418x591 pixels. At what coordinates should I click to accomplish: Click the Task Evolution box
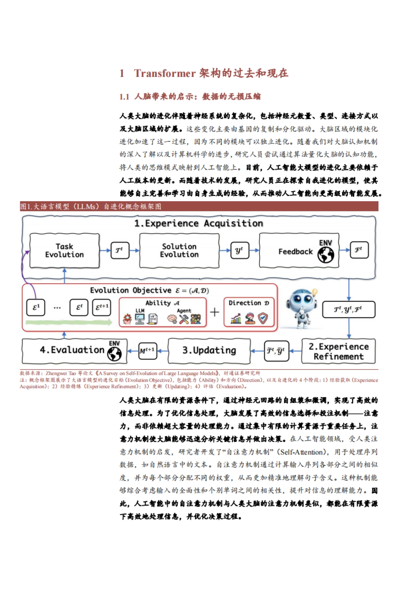coord(64,251)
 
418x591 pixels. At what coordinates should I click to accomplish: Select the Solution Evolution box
coord(179,251)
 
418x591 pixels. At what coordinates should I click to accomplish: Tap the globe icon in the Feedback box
coord(326,255)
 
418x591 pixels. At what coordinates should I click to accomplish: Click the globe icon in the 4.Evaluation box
coord(115,354)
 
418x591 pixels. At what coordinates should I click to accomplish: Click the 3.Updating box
coord(209,350)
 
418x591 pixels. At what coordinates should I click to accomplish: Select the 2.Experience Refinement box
coord(338,352)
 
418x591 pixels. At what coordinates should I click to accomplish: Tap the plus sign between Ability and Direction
coord(215,312)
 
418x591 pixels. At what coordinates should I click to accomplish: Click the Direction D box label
coord(249,303)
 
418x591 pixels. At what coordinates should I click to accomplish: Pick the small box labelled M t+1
coord(147,351)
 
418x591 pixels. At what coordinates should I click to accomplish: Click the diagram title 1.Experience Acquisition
coord(199,223)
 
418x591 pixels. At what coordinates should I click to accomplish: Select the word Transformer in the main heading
coord(165,73)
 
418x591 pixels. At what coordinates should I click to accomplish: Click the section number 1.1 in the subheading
coord(124,97)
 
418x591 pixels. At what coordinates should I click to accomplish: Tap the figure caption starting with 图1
coord(91,207)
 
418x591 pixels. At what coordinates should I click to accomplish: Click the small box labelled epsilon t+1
coord(102,307)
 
